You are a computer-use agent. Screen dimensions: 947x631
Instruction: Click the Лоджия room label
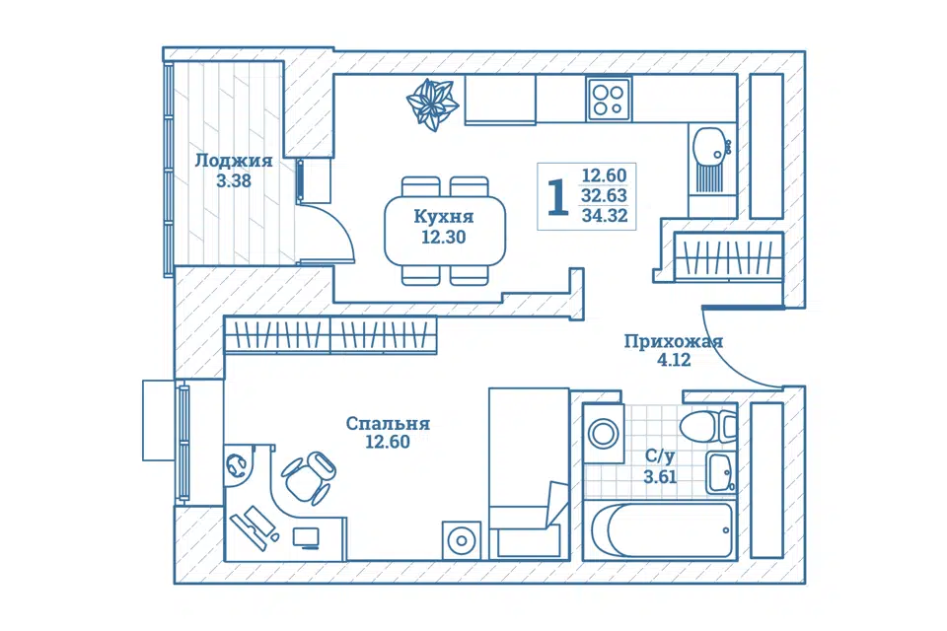click(x=233, y=161)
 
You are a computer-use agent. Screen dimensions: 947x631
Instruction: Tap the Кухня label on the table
click(x=444, y=216)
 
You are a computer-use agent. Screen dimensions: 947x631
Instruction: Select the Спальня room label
click(x=388, y=423)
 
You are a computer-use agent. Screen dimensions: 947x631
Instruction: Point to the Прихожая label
click(x=674, y=341)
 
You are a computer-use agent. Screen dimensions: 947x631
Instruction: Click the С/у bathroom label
click(x=660, y=456)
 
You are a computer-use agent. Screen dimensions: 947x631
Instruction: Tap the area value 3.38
click(x=234, y=180)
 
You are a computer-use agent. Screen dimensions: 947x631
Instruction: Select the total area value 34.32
click(x=605, y=215)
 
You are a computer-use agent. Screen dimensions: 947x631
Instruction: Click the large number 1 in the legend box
click(x=558, y=197)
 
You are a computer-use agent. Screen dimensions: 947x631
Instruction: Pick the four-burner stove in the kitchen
click(x=609, y=100)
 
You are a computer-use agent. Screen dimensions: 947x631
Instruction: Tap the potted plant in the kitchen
click(x=431, y=105)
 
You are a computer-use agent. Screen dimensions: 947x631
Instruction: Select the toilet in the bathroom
click(x=707, y=426)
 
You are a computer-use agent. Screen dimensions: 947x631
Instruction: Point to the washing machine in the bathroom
click(x=604, y=434)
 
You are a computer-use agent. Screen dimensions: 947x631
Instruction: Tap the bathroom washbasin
click(x=721, y=472)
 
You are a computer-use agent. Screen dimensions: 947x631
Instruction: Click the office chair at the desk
click(x=309, y=477)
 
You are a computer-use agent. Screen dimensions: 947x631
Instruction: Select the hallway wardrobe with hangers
click(x=728, y=257)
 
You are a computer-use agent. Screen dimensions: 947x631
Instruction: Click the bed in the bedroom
click(x=529, y=473)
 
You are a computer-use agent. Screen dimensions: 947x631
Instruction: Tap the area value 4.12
click(x=674, y=361)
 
